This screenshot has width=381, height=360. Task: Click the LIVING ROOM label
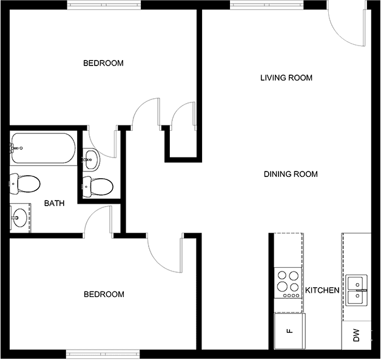tap(286, 78)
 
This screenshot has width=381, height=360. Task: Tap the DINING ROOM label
tap(291, 174)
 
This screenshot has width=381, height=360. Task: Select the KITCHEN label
tap(322, 290)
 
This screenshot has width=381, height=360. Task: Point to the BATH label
tap(55, 203)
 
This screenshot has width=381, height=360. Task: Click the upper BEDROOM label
tap(103, 63)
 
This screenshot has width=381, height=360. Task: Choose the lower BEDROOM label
tap(104, 294)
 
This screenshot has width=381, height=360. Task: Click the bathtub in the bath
tap(42, 148)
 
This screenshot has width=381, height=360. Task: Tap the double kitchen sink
tap(356, 290)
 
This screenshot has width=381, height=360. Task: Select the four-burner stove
tap(288, 283)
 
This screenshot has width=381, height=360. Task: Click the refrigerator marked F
tap(289, 331)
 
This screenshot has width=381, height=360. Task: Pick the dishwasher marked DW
tap(357, 335)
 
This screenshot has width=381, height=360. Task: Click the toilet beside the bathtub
tap(24, 184)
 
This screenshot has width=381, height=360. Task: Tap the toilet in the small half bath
tap(98, 187)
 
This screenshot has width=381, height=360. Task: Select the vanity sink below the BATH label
tap(19, 218)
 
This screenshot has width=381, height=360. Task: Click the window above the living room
tap(267, 5)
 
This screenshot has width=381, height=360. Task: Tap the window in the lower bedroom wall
tap(103, 354)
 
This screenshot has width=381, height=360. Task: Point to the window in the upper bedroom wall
tap(104, 5)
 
